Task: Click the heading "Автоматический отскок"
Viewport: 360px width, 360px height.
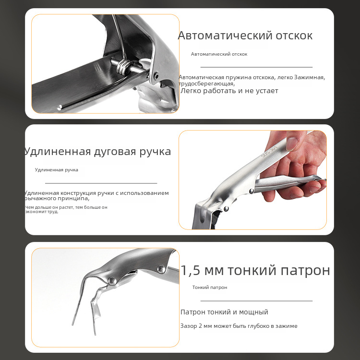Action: [245, 36]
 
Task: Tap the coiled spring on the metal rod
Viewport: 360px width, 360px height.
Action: [122, 66]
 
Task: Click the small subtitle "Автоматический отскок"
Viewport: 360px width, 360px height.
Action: [219, 54]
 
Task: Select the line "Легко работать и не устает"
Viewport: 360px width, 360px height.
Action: [229, 91]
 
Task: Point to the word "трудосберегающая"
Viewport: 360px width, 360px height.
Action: [207, 84]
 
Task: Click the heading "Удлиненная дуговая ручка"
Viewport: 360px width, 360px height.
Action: [97, 152]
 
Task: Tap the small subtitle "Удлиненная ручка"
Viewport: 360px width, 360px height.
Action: [57, 170]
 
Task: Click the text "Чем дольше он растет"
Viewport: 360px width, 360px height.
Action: [49, 207]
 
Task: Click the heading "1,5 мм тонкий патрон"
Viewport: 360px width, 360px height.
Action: [255, 270]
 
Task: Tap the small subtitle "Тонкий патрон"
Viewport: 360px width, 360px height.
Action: [210, 288]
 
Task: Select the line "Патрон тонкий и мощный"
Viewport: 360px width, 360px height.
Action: [224, 312]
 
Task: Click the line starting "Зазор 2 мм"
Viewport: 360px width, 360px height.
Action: [239, 326]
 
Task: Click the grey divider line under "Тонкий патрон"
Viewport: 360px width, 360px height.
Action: [256, 301]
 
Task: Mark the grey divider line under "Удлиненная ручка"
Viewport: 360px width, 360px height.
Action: [101, 183]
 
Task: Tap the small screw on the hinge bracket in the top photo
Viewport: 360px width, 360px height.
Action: [156, 76]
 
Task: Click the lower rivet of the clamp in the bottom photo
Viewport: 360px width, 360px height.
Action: [112, 281]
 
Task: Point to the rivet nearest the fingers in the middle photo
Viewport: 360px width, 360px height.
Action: [252, 191]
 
